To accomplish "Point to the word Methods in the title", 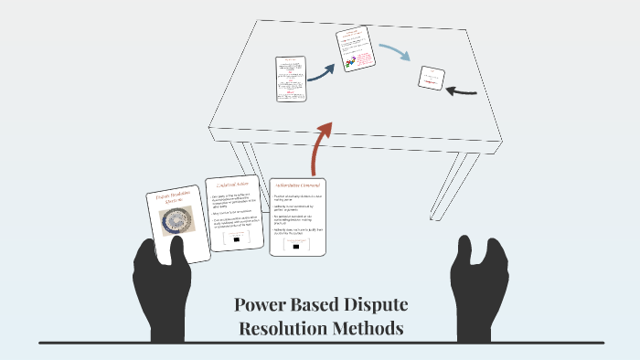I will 375,327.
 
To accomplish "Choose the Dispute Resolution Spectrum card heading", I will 171,199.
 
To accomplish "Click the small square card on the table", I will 432,78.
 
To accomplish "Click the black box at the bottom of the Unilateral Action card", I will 236,239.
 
